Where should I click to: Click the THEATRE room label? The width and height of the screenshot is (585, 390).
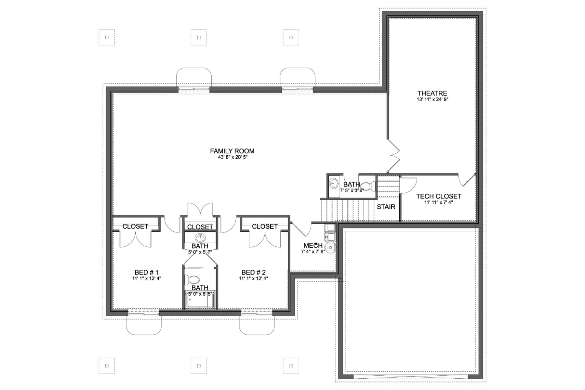432,93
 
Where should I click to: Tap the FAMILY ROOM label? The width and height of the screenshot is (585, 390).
232,151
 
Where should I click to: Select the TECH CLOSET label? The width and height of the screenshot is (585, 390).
439,196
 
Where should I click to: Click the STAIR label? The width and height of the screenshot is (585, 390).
386,207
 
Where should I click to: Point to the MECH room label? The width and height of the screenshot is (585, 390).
313,246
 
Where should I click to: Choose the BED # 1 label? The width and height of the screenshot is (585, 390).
147,272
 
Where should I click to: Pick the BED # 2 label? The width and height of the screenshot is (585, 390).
254,272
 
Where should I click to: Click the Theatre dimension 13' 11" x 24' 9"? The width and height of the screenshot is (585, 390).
432,99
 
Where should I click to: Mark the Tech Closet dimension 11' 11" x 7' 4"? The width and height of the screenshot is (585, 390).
439,202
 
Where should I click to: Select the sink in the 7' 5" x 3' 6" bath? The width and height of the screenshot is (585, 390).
334,184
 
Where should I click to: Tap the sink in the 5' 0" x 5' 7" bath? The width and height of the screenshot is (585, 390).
200,237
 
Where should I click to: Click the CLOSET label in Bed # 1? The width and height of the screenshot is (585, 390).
135,226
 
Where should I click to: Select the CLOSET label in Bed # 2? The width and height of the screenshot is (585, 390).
265,226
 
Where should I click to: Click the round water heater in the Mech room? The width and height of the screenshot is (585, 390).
330,247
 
